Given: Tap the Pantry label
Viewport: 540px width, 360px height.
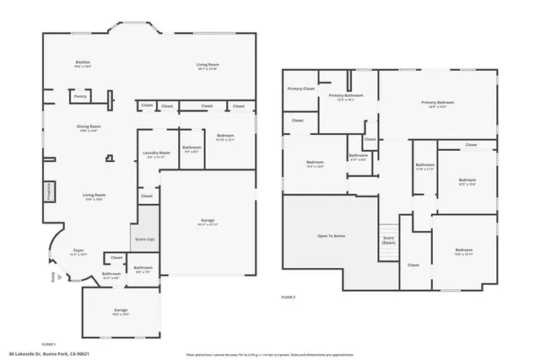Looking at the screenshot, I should pos(81,97).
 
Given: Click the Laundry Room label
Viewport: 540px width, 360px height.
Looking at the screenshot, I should pos(157,154).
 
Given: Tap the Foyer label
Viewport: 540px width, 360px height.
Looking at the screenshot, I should pos(78,251).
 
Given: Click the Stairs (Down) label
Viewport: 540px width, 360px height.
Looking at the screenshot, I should pos(389,239).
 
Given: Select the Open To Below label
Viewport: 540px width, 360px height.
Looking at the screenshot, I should pos(332,236).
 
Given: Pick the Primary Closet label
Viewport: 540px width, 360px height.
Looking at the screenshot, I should pos(300,89).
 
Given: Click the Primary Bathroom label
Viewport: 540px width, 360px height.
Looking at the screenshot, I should pos(347,97).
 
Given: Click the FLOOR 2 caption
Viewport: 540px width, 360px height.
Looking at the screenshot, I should pos(289,298).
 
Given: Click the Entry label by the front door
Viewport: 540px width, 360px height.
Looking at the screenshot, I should pos(51,279).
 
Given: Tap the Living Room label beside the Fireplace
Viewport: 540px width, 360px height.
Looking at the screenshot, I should pos(94,196).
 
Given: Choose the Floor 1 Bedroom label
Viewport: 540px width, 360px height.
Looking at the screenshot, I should pos(225,137).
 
